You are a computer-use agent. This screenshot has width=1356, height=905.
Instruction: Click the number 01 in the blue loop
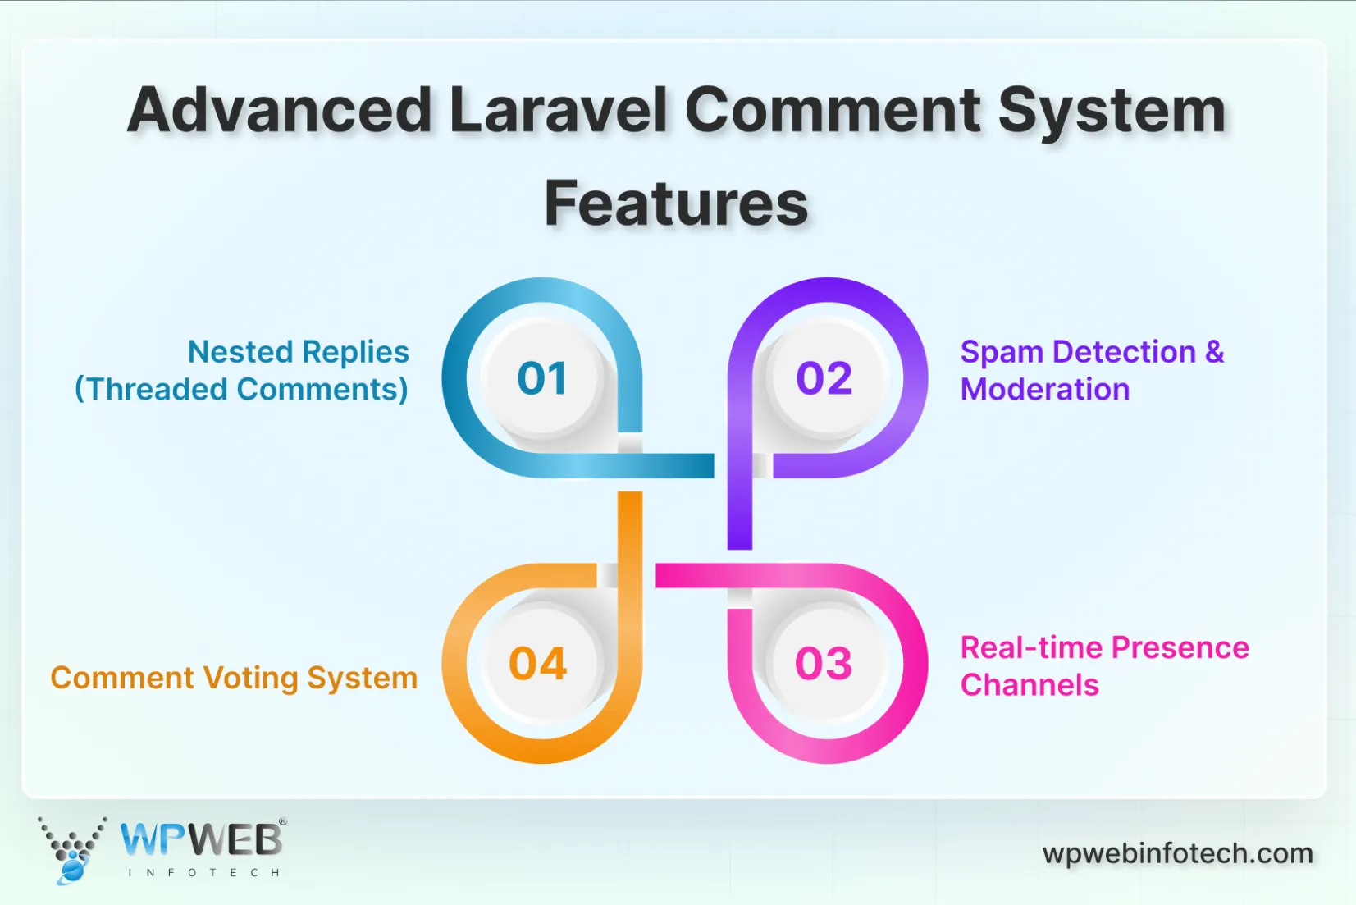541,378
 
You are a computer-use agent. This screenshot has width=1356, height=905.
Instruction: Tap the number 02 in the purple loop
824,378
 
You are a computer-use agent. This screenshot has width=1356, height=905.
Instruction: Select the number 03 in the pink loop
823,663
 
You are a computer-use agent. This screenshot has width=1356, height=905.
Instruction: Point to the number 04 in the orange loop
537,663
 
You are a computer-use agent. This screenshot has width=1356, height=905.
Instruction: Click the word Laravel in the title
558,111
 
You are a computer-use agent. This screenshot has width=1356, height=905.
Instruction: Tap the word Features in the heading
676,203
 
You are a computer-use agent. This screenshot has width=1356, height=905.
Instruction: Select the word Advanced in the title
280,111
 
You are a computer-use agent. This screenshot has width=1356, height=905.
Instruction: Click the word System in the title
1112,111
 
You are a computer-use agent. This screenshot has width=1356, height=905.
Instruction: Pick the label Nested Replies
298,352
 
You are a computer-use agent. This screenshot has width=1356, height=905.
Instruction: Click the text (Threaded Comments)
241,389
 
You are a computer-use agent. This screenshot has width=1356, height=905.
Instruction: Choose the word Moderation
1044,389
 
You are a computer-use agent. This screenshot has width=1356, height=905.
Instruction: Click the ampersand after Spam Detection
1214,352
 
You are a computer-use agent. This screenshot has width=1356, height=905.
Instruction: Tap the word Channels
1029,684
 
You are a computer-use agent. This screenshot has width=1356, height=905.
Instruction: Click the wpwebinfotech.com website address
1177,853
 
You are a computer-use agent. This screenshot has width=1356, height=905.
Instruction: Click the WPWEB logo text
201,839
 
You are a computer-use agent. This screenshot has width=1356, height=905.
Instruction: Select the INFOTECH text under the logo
203,872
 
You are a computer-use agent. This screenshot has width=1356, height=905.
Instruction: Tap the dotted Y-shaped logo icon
72,849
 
